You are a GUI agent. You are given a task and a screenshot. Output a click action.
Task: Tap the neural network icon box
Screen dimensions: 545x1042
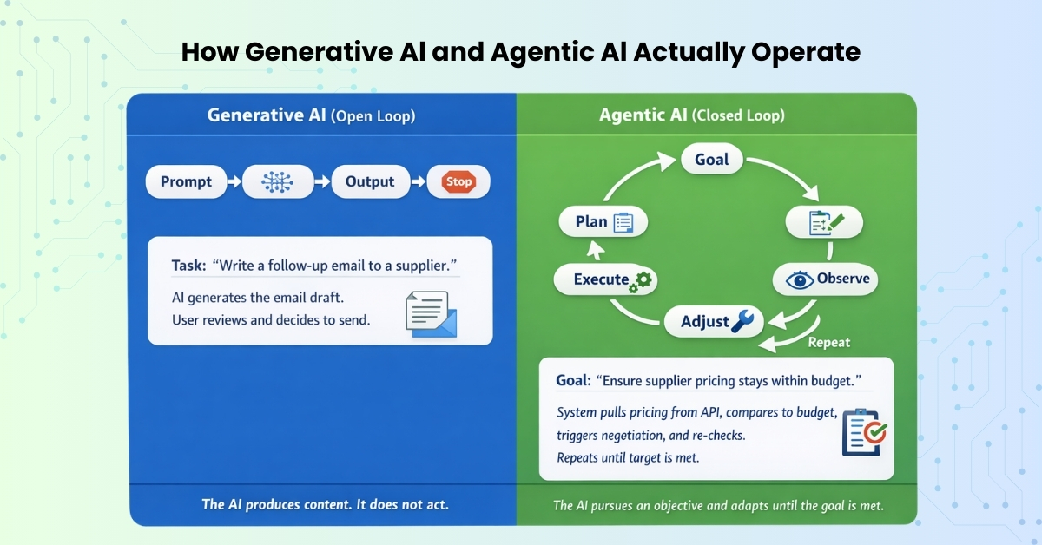[x=275, y=182]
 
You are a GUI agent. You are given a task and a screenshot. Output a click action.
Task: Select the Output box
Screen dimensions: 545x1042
[x=370, y=182]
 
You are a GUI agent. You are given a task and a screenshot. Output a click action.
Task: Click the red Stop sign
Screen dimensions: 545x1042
[x=458, y=182]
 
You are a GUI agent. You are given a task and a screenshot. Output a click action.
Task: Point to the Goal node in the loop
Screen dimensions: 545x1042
[x=716, y=161]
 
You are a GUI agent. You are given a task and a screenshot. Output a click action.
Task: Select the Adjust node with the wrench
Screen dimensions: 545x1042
[x=714, y=322]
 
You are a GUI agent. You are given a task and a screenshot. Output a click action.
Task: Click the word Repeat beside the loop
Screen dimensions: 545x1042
[x=829, y=342]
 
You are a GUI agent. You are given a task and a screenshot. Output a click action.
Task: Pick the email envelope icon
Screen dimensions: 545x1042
[x=432, y=313]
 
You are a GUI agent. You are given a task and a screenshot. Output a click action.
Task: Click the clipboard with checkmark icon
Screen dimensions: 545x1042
[x=863, y=431]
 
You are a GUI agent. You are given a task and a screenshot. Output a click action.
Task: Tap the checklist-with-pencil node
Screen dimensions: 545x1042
[x=825, y=223]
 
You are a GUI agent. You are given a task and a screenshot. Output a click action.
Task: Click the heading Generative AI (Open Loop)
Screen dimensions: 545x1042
[x=311, y=115]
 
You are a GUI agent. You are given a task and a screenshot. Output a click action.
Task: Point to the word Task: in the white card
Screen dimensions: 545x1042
[x=181, y=263]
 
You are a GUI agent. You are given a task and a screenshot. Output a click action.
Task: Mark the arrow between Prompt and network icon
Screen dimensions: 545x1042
[x=232, y=182]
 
